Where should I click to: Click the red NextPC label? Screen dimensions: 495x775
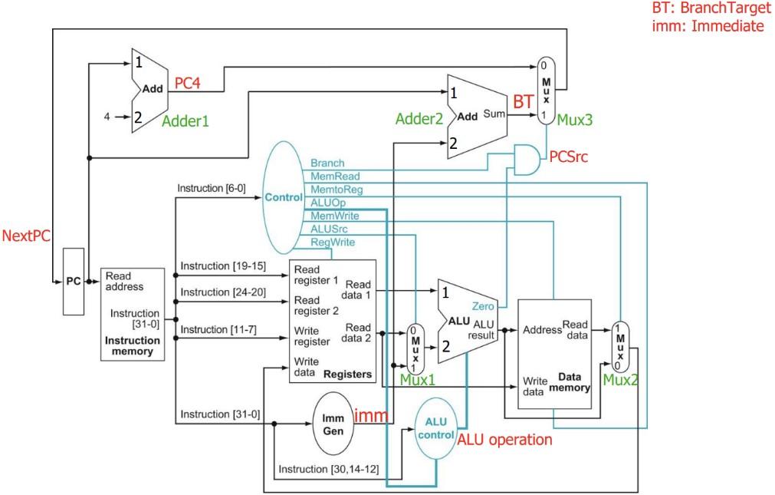[24, 236]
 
